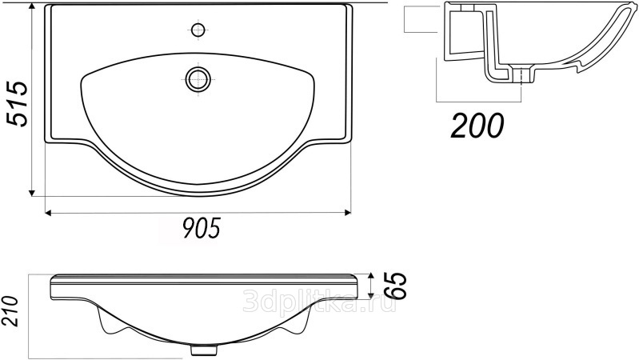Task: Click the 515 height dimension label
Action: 17,104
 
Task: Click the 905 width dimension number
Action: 202,228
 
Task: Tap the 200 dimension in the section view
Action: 477,126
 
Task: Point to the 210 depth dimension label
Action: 10,311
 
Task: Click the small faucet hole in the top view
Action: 198,30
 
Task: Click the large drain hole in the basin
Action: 198,78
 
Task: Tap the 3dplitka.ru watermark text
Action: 318,302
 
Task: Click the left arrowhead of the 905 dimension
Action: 48,213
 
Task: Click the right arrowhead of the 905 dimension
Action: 348,213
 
